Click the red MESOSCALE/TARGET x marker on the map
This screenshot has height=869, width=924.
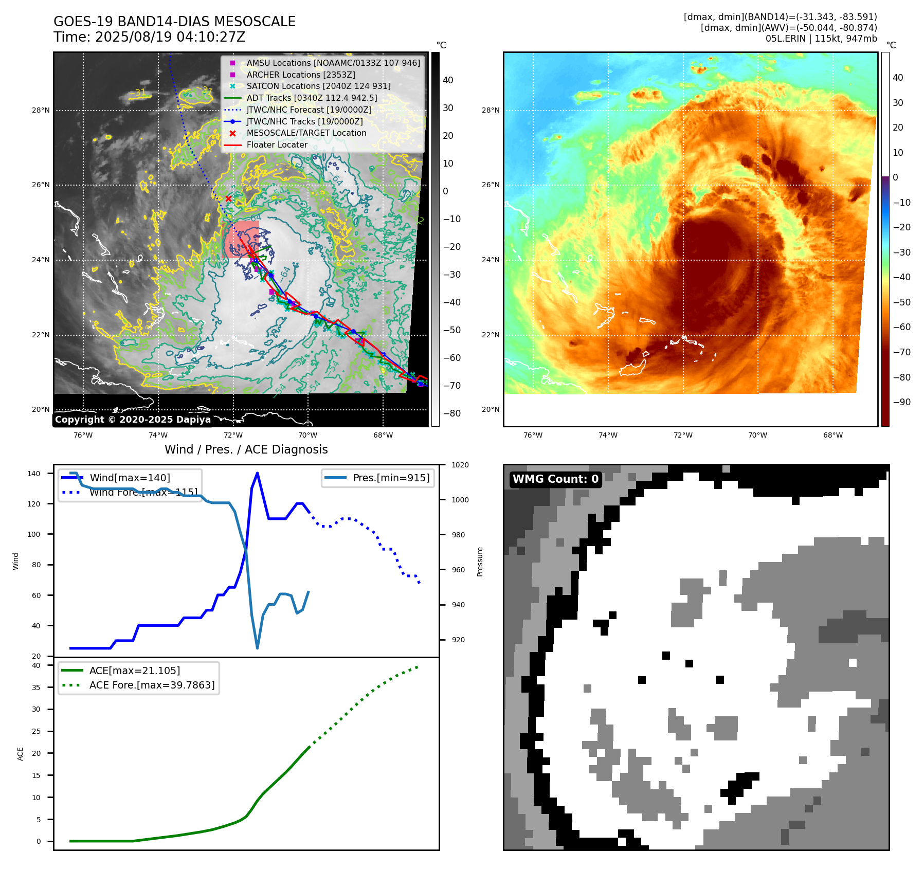[229, 199]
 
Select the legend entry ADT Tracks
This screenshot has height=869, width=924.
[312, 98]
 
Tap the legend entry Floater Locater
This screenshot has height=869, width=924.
[277, 144]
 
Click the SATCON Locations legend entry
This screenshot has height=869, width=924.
[318, 86]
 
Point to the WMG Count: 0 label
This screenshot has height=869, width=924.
[555, 479]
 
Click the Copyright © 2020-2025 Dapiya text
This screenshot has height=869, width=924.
[133, 420]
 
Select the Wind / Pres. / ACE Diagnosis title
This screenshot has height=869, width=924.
[246, 449]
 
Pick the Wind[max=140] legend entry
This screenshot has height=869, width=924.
[130, 478]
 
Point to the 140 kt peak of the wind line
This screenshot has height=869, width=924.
[257, 474]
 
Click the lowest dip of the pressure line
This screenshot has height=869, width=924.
[257, 648]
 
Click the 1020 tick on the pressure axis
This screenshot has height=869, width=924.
[460, 465]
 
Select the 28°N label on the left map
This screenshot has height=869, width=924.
[41, 110]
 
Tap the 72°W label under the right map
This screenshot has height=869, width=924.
[683, 435]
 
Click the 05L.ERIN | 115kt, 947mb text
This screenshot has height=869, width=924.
[821, 39]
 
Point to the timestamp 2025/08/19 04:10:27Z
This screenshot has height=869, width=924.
[170, 37]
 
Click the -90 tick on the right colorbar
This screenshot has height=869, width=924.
[901, 402]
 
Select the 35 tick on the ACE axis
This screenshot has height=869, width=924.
[36, 687]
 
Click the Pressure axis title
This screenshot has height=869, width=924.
[480, 562]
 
